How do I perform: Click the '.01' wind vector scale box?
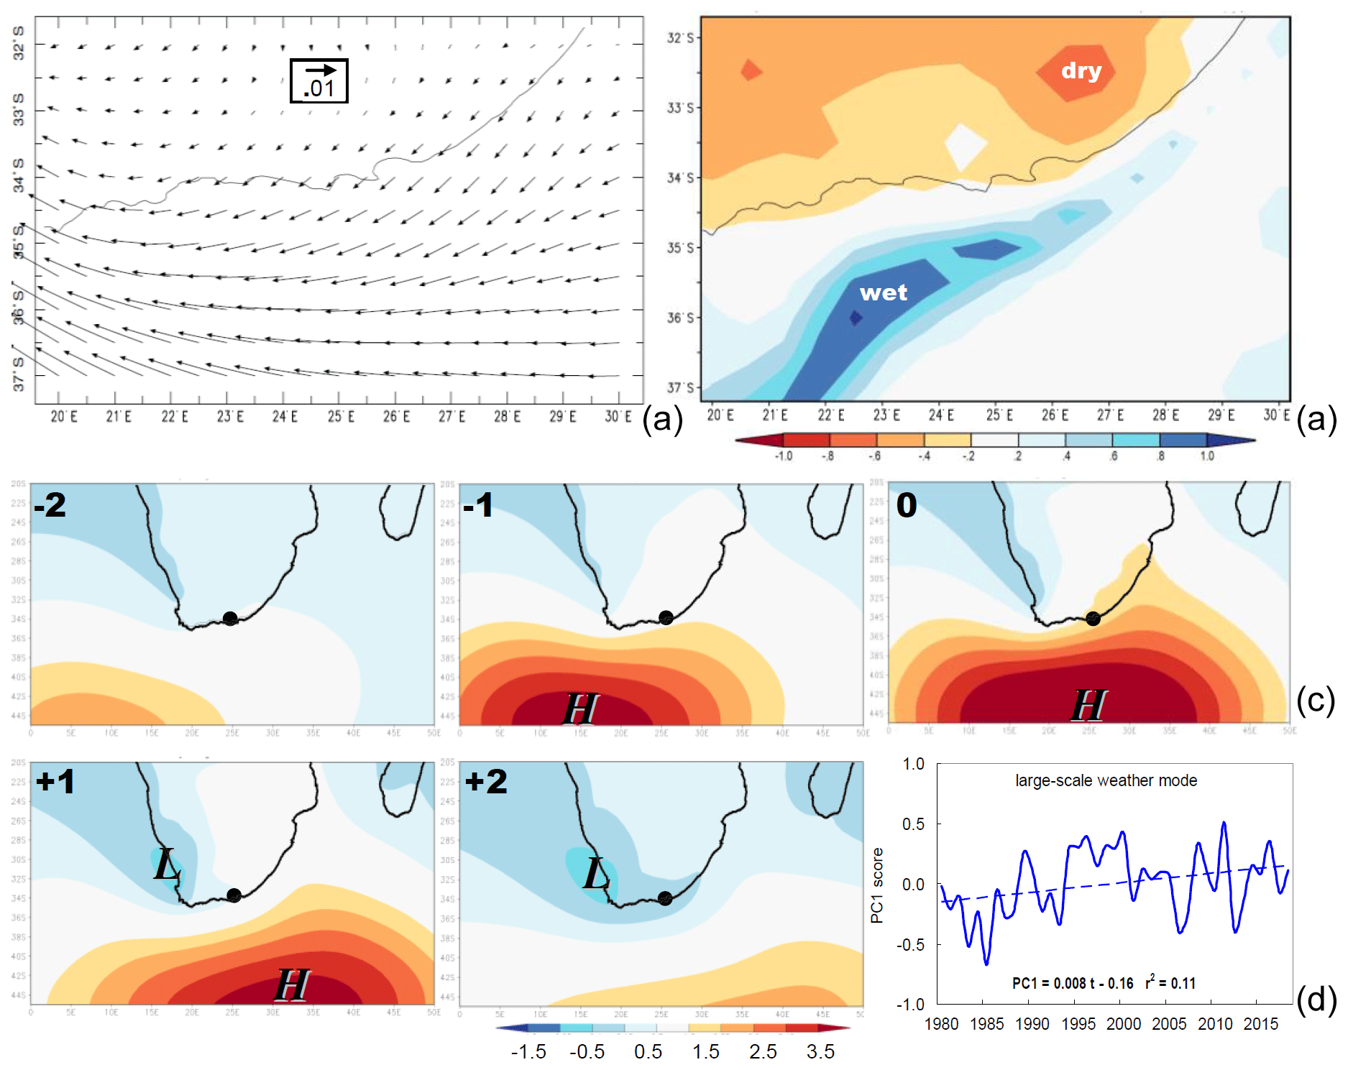[318, 80]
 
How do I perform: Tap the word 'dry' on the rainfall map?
[1081, 70]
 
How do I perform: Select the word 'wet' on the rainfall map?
[883, 292]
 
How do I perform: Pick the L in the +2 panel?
[596, 873]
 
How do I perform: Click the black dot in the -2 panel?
[230, 618]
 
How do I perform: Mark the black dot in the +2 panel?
[665, 898]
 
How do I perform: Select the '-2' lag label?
[50, 504]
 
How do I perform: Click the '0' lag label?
[906, 505]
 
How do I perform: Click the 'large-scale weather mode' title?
[1106, 780]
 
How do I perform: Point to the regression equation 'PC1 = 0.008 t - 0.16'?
[1072, 983]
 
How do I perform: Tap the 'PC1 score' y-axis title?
[876, 885]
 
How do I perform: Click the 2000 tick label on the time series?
[1124, 1024]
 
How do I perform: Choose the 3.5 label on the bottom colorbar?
[820, 1051]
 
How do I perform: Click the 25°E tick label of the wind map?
[341, 417]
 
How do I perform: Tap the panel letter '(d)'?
[1316, 1000]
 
